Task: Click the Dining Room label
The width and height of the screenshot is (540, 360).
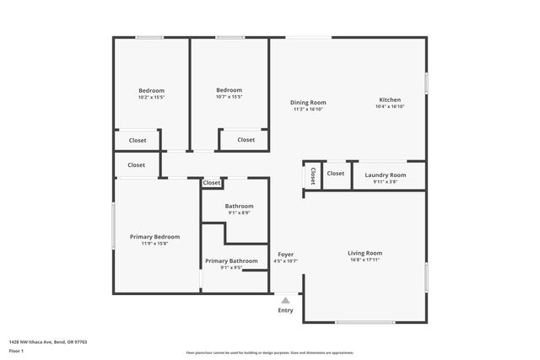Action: point(309,102)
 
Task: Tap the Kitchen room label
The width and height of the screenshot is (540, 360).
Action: point(390,99)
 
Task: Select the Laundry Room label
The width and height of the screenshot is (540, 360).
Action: point(385,175)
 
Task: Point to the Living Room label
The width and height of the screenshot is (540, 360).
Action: point(365,253)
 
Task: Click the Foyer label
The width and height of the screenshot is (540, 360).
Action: point(286,255)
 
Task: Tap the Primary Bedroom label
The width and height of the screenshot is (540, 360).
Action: point(154,237)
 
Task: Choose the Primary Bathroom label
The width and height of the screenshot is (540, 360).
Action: point(231,261)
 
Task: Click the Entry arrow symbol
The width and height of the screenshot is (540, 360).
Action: point(286,299)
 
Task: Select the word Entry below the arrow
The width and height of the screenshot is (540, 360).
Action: point(286,310)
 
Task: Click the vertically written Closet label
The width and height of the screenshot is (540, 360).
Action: point(312,176)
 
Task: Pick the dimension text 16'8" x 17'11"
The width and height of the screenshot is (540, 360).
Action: point(365,260)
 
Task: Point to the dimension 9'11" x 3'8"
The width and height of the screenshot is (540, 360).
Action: point(385,182)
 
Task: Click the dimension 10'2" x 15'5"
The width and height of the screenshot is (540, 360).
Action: point(152,97)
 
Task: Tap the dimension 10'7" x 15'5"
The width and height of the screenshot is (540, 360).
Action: point(229,97)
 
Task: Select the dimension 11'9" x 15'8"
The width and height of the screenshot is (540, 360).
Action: point(154,244)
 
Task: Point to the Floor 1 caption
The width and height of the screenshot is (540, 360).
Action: point(17,350)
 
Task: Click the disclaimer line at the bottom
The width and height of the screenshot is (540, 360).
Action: point(270,352)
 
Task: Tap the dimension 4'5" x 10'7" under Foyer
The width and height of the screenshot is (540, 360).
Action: point(286,261)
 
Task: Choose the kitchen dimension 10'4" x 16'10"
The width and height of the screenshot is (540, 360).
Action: point(390,106)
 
